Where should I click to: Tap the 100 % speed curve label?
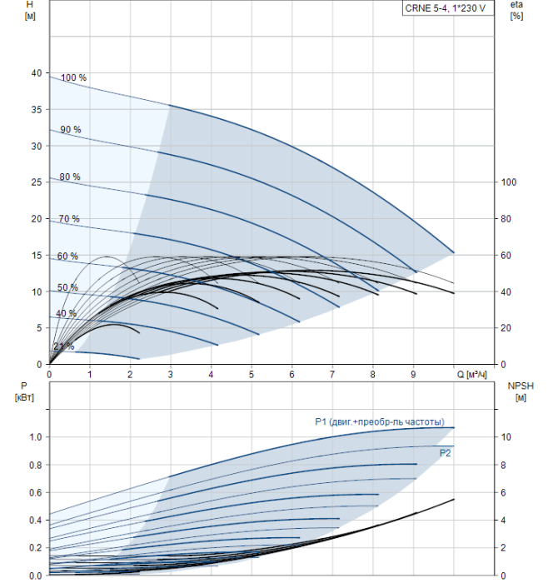click(x=73, y=77)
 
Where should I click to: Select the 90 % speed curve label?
click(x=70, y=129)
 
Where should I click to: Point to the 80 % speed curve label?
click(x=70, y=177)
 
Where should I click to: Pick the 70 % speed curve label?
click(x=69, y=218)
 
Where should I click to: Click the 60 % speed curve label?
click(x=67, y=256)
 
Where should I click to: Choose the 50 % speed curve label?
click(x=67, y=287)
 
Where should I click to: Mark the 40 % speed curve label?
click(x=66, y=313)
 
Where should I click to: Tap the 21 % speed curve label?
click(x=64, y=346)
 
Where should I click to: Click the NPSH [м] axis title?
click(x=518, y=391)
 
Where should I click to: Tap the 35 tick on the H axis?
click(x=36, y=109)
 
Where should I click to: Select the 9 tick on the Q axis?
click(x=413, y=375)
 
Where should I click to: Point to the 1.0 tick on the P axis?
click(x=36, y=436)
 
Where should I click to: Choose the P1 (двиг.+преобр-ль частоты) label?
click(x=379, y=421)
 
